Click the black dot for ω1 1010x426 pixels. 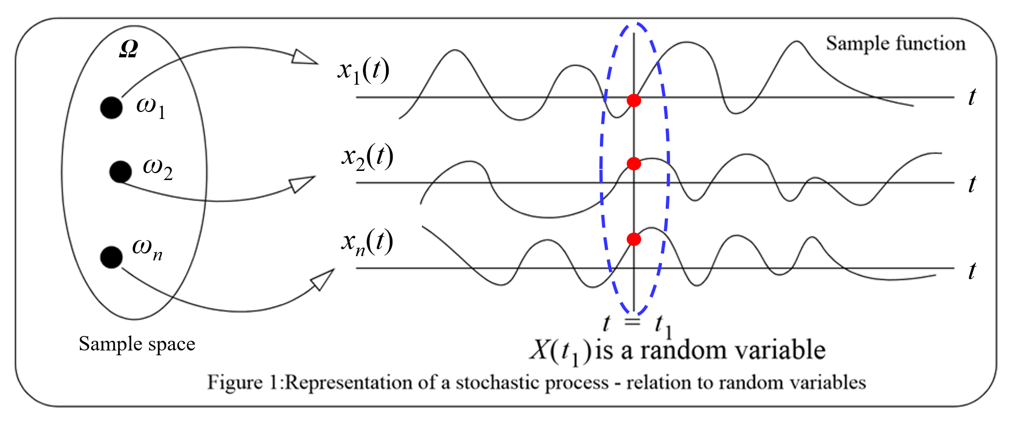111,108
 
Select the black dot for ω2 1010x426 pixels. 120,171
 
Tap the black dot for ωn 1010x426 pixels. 111,257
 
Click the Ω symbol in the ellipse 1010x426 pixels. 129,50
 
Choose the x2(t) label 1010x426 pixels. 367,158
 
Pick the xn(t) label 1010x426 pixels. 367,243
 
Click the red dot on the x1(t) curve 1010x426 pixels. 634,100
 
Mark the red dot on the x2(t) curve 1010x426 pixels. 634,163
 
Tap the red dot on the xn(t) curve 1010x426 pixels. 634,239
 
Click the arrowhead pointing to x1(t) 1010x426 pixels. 305,57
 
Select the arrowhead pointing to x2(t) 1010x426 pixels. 301,184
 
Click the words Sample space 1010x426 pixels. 137,343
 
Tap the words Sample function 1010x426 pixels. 895,43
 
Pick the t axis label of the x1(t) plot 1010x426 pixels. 972,97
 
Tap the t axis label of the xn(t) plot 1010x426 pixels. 972,271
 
